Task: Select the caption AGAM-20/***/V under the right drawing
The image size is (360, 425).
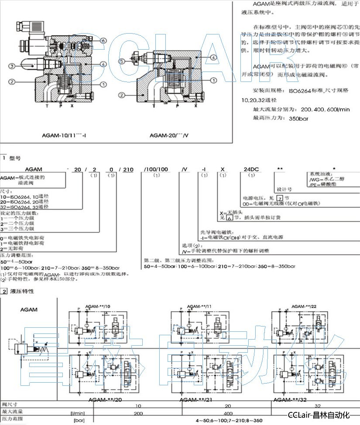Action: [x=170, y=135]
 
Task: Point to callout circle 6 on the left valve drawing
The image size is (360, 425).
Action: [x=103, y=41]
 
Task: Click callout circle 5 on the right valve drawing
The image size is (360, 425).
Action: [x=122, y=61]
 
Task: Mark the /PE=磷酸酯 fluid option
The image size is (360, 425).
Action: [x=323, y=185]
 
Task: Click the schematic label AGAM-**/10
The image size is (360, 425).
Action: [x=98, y=306]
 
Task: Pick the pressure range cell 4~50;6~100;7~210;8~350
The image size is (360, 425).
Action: [x=229, y=420]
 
